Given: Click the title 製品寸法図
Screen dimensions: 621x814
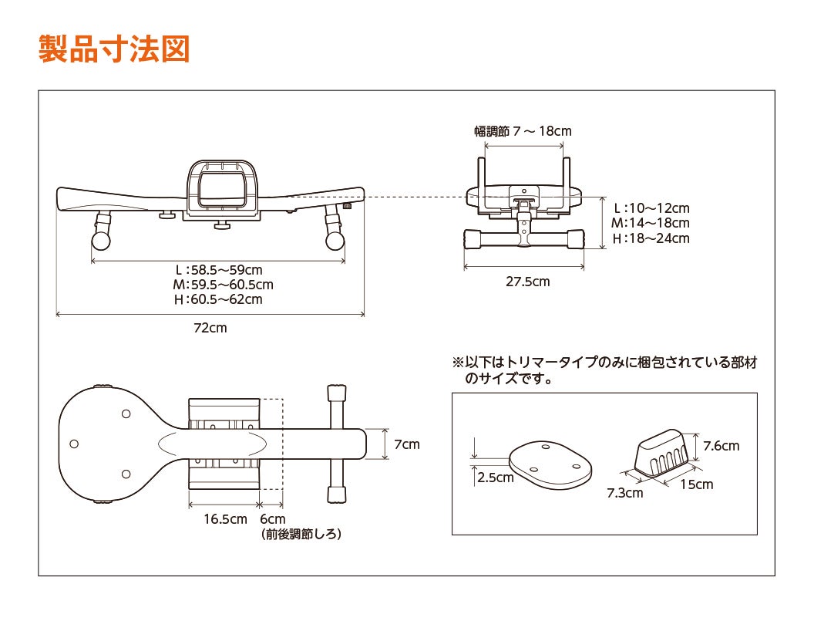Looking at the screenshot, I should (113, 48).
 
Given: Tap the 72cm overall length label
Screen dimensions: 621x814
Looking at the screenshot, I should (210, 328).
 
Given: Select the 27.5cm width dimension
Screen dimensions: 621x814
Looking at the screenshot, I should (527, 282).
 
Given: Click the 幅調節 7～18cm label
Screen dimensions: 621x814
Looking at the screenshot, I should (523, 131).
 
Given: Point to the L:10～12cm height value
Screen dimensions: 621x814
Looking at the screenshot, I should (651, 208).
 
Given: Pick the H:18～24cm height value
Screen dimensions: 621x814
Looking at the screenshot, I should (651, 238).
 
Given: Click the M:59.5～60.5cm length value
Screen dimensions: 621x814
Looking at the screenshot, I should (223, 285).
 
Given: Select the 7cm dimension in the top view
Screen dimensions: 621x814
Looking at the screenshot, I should (406, 444).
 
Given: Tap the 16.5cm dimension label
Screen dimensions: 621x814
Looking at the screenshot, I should (225, 519).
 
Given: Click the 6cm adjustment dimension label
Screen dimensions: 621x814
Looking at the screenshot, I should (272, 519).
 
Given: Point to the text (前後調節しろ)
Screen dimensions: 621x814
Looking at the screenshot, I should (301, 534).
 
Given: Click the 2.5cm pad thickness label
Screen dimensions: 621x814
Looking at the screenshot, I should (495, 478).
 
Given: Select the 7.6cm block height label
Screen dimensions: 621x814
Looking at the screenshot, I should (721, 446).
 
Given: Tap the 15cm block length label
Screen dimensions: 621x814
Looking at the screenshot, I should (697, 484).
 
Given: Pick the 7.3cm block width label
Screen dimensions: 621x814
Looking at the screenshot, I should (624, 493).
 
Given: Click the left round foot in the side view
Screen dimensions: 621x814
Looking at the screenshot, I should (100, 240).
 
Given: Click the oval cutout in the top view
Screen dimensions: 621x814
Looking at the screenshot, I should (214, 444).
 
